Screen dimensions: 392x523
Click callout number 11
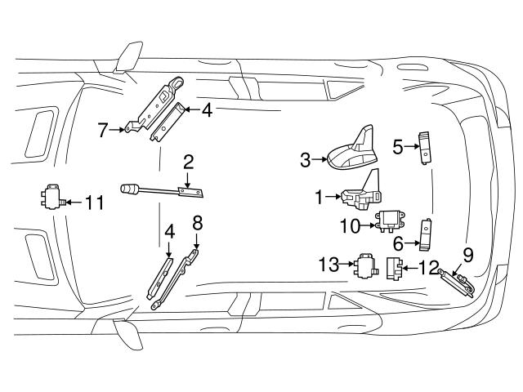[95, 202]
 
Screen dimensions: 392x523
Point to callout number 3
[306, 160]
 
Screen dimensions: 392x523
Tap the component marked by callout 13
[364, 265]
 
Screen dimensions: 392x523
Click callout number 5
[398, 148]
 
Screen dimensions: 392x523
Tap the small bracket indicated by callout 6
[426, 235]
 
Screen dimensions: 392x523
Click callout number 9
[468, 254]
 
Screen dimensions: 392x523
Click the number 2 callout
[188, 161]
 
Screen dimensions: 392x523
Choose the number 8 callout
[197, 221]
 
